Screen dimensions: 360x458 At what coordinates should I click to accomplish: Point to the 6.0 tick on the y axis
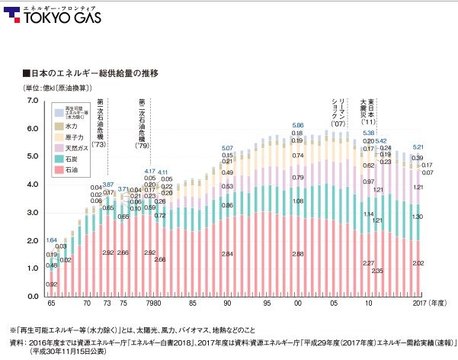[x=31, y=129]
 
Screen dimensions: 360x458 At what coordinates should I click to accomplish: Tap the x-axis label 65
[x=51, y=304]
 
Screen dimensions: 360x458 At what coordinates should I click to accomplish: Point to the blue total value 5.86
[x=298, y=124]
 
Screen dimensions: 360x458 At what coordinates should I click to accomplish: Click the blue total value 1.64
[x=52, y=240]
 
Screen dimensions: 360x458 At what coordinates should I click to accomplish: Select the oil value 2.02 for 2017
[x=418, y=264]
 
